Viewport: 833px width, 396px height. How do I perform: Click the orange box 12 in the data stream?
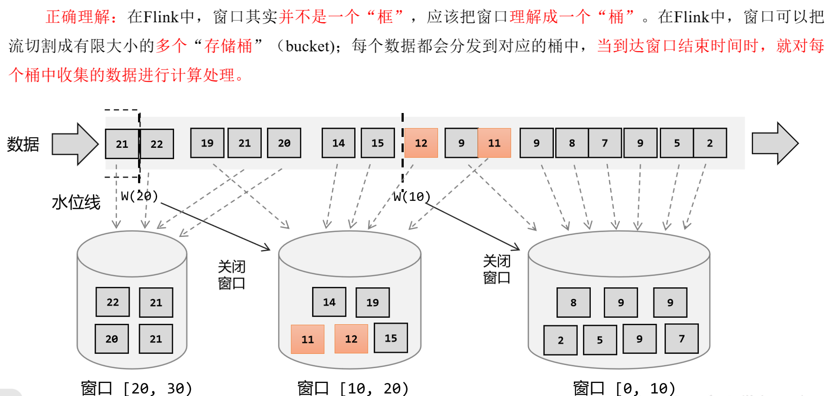point(421,143)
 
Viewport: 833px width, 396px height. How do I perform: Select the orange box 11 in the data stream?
point(494,143)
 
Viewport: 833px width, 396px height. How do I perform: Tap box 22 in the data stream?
point(157,144)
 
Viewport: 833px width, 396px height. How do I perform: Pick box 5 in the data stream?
point(677,143)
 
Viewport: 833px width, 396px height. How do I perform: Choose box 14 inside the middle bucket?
point(329,302)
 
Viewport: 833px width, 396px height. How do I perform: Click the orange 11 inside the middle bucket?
point(308,339)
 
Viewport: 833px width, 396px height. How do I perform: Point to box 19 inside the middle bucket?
point(372,303)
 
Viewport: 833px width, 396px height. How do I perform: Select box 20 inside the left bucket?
point(112,339)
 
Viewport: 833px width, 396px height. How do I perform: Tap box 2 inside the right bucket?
point(560,340)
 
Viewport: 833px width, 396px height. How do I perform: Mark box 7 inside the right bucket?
point(682,339)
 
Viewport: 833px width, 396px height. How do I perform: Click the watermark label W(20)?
point(139,196)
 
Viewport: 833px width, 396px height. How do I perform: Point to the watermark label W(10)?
point(412,197)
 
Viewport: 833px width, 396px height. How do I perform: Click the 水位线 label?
point(76,203)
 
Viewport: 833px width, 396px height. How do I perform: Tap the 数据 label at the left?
point(23,144)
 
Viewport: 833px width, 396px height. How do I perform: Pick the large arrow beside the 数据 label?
point(75,144)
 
